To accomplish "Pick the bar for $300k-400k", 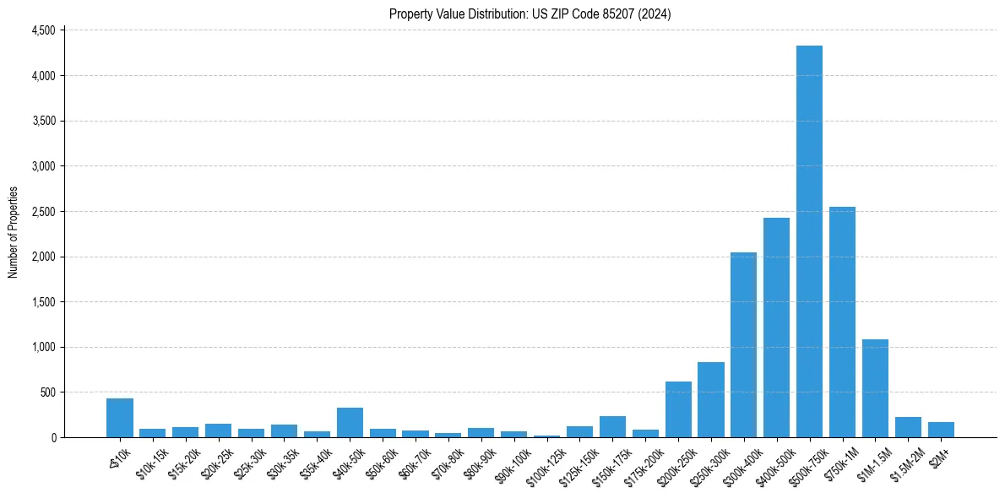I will [743, 345].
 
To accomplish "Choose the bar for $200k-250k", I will [678, 409].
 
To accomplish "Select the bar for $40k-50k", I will [350, 423].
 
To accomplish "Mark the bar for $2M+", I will [941, 430].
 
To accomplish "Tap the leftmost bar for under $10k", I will [120, 418].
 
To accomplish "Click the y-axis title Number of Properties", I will [13, 233].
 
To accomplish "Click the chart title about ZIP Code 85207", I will [530, 14].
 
